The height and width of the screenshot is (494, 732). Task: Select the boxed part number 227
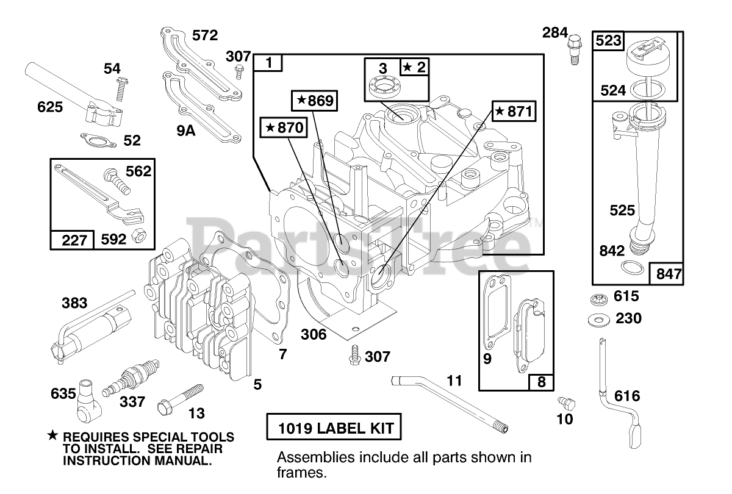coord(72,240)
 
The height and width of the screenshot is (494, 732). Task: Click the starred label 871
coord(514,112)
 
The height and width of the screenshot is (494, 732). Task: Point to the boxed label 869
coord(315,101)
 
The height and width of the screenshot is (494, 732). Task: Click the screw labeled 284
coord(575,51)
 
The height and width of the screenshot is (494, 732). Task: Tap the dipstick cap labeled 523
coord(639,49)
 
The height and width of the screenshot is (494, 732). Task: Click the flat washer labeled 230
coord(598,318)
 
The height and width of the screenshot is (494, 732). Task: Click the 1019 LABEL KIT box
coord(335,428)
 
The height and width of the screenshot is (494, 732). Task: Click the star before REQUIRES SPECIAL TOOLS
coord(54,436)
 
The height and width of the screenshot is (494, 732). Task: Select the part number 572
coord(204,35)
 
